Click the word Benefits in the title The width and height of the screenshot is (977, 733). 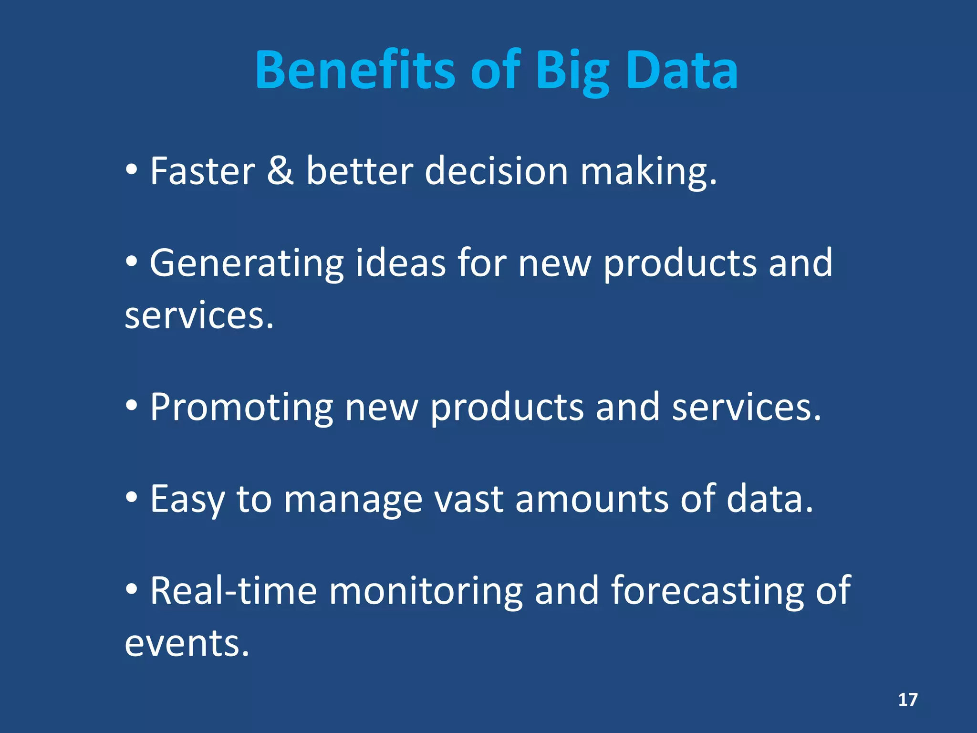click(355, 71)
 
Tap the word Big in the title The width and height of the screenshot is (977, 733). click(572, 72)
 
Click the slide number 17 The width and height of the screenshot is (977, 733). click(908, 700)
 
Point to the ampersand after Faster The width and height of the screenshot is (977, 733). click(280, 171)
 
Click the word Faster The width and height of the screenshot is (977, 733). click(202, 171)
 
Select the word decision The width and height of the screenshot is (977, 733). click(496, 171)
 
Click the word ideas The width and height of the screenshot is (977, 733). click(400, 263)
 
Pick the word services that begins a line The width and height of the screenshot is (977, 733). click(199, 316)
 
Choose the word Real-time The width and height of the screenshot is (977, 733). click(233, 591)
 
